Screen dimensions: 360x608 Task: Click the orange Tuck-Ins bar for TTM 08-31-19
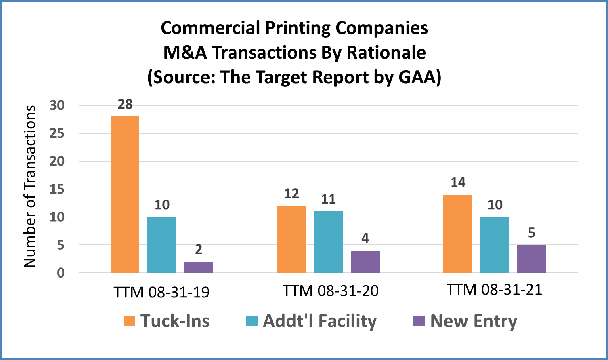tap(125, 194)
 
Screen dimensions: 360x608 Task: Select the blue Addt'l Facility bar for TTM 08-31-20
tap(328, 242)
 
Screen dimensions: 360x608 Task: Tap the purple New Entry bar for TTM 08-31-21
tap(531, 259)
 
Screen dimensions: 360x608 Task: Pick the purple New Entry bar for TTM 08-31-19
tap(199, 267)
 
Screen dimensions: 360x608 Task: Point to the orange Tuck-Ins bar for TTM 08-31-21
tap(458, 234)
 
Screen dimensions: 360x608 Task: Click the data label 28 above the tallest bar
tap(125, 105)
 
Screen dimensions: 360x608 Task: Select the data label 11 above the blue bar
tap(328, 199)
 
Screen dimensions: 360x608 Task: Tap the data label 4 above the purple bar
tap(365, 238)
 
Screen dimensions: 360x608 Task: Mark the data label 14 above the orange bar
tap(458, 183)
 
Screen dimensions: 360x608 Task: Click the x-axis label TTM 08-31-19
tap(161, 292)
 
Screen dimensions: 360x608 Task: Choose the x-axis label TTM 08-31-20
tap(331, 291)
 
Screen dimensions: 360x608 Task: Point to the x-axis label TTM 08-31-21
tap(494, 290)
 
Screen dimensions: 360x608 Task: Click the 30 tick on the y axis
tap(57, 105)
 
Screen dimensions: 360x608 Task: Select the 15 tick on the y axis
tap(57, 189)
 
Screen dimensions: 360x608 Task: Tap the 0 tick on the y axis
tap(61, 273)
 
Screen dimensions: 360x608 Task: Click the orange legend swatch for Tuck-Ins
tap(130, 321)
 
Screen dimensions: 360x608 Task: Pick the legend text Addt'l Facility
tap(320, 321)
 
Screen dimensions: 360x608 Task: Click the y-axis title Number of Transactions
tap(30, 186)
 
